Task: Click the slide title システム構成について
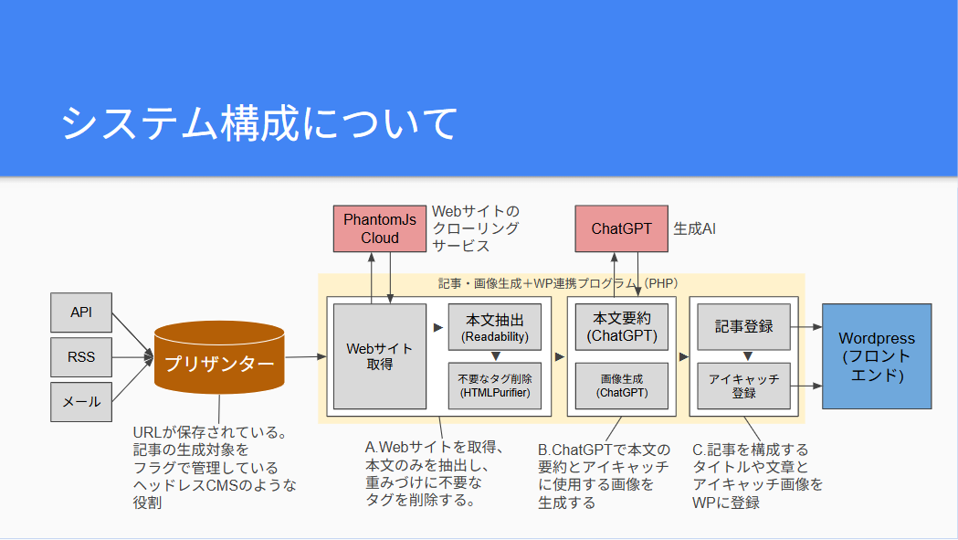[259, 123]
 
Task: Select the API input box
[81, 312]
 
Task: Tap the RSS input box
[81, 357]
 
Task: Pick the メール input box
[81, 402]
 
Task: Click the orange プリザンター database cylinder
[219, 357]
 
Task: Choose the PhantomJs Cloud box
[379, 228]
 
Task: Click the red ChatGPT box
[621, 228]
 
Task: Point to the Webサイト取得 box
[379, 356]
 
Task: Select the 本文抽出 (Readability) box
[495, 327]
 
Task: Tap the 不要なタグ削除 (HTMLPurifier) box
[495, 386]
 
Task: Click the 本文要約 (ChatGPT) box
[622, 327]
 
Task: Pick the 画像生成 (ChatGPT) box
[622, 386]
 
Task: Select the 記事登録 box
[743, 327]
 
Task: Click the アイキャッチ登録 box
[743, 386]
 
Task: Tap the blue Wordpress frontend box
[877, 356]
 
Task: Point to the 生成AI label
[694, 228]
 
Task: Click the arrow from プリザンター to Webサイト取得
[306, 356]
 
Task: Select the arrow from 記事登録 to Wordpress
[806, 327]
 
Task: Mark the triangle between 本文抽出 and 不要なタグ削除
[496, 356]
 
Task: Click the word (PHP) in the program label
[661, 283]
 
